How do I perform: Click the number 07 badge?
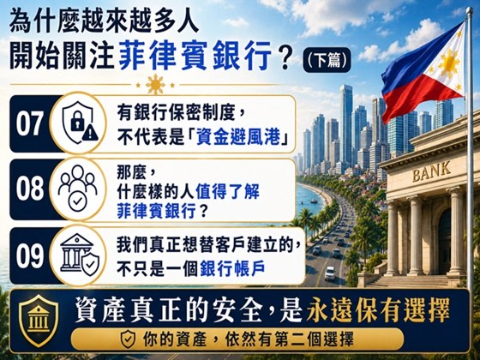pos(29,123)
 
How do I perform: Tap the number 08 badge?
pos(29,189)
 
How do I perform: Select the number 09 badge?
pos(29,255)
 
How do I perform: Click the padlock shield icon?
pos(80,123)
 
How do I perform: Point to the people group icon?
pos(78,188)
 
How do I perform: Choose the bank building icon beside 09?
pos(80,255)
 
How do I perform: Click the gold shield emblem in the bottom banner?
pos(39,321)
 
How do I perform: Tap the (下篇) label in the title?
pos(327,60)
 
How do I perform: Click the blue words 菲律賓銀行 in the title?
pos(195,55)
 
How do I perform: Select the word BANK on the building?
pos(431,171)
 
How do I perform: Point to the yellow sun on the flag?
pos(449,63)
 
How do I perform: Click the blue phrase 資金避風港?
pos(238,136)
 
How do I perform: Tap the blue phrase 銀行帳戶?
pos(232,269)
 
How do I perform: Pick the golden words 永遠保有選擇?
pos(378,310)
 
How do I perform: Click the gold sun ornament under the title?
pos(155,85)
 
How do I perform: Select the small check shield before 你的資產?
pos(128,339)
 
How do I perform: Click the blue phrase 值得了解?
pos(228,192)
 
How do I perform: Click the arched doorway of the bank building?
pos(444,241)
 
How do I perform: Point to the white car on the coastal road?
pos(330,273)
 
